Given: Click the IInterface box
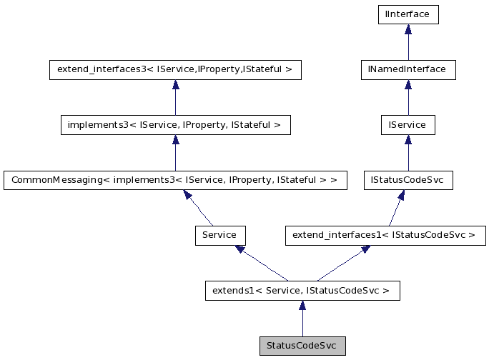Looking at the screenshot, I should pyautogui.click(x=407, y=14).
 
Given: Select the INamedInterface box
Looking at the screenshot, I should pyautogui.click(x=407, y=69).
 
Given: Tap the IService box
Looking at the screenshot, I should pyautogui.click(x=407, y=125).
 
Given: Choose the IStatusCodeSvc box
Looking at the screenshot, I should pyautogui.click(x=407, y=181).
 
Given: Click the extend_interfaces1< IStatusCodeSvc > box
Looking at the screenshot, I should pyautogui.click(x=385, y=234).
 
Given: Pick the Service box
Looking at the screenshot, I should pyautogui.click(x=220, y=234).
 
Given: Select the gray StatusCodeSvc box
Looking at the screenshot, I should pyautogui.click(x=302, y=346).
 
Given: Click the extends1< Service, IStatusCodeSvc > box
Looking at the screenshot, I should pyautogui.click(x=302, y=290).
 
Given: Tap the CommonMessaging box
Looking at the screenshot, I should pyautogui.click(x=175, y=181).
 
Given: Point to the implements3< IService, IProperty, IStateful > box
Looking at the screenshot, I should pyautogui.click(x=175, y=125).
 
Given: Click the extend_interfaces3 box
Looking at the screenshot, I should pyautogui.click(x=175, y=69).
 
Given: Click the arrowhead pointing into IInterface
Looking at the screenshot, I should pyautogui.click(x=407, y=29).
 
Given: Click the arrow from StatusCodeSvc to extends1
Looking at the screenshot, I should pyautogui.click(x=302, y=319).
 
